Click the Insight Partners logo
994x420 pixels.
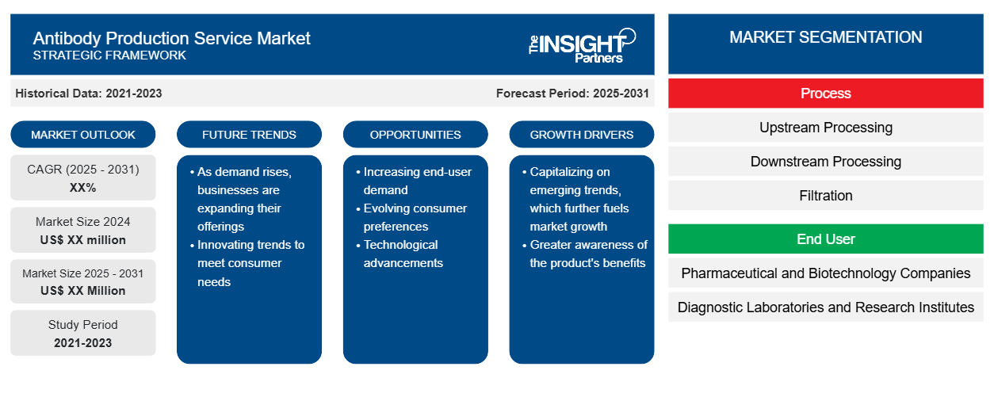coord(582,46)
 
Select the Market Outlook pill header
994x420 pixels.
coord(83,135)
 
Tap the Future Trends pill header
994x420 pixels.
coord(249,135)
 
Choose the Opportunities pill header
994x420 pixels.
coord(415,135)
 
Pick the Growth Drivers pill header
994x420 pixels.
coord(581,135)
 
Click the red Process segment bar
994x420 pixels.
coord(825,94)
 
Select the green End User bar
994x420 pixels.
coord(825,239)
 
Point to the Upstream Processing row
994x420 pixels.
coord(825,128)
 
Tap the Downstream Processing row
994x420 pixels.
coord(825,162)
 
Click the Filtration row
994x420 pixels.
coord(825,196)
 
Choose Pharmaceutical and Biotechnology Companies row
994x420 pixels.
coord(825,273)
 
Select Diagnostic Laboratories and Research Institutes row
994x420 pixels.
coord(825,307)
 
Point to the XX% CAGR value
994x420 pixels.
coord(83,188)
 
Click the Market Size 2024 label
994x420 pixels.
coord(83,221)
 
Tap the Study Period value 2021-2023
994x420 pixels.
coord(83,343)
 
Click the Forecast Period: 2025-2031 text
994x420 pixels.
coord(572,94)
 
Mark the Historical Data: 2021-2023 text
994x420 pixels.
coord(89,94)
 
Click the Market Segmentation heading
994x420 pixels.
coord(825,37)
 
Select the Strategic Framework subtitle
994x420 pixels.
coord(109,55)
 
